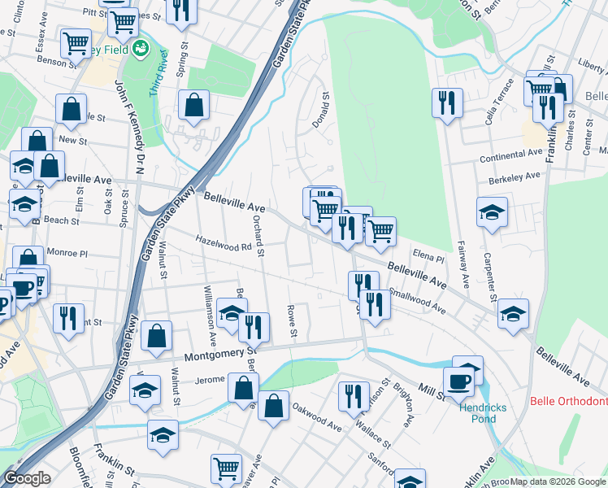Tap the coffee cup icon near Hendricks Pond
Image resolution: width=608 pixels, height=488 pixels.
pos(458,381)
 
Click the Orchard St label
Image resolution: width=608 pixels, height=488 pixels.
pos(258,236)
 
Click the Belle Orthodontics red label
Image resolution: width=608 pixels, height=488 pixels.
pos(568,401)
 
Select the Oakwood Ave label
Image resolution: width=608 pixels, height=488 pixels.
pos(317,414)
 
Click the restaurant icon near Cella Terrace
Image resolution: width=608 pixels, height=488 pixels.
pos(446,102)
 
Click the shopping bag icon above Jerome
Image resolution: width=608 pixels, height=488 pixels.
pos(156,335)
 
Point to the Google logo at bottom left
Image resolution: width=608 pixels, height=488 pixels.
pos(27,478)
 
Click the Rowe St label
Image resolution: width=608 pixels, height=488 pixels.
pos(291,322)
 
